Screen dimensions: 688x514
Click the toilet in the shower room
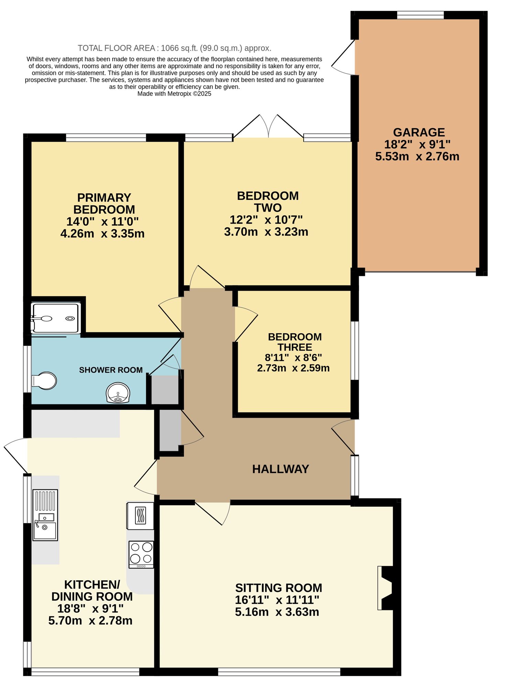coord(45,381)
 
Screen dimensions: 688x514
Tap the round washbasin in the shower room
coord(118,393)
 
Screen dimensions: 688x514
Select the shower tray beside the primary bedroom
coord(56,318)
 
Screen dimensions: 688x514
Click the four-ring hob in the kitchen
coord(141,555)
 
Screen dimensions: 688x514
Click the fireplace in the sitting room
coord(385,588)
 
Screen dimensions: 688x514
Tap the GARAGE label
coord(419,132)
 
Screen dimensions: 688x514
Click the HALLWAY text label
coord(281,469)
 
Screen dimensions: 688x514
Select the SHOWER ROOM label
coord(111,370)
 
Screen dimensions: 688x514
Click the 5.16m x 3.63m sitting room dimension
coord(277,612)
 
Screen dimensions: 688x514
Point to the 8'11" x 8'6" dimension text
coord(293,358)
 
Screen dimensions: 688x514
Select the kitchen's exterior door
coord(17,455)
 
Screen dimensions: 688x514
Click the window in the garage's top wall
coord(420,15)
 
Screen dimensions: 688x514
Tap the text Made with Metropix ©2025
coord(174,94)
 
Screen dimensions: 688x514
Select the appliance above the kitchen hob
coord(140,516)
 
